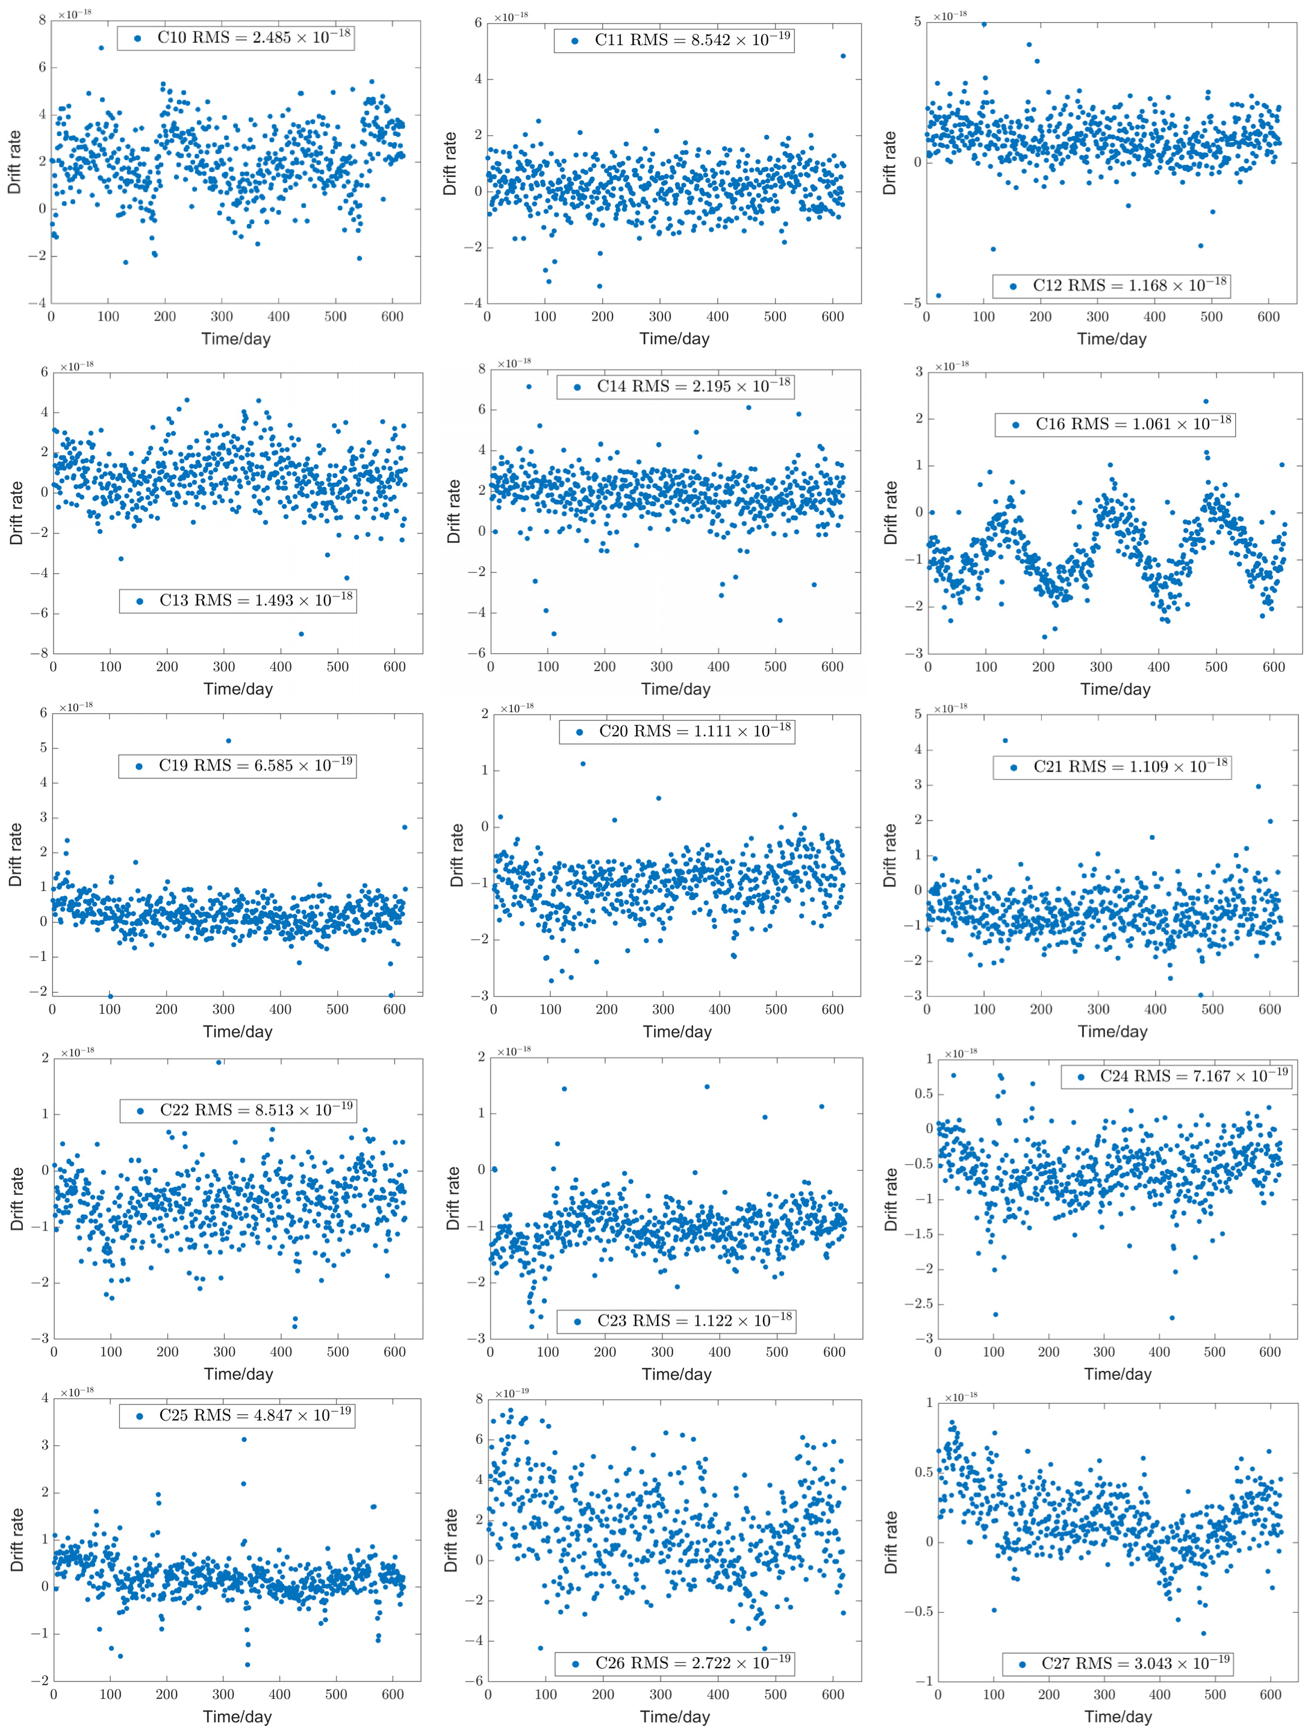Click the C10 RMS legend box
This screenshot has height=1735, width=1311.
235,38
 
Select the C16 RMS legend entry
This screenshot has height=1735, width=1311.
1115,424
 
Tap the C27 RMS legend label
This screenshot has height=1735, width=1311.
1117,1663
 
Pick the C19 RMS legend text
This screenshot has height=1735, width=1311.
237,766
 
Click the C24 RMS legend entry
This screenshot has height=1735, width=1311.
1174,1076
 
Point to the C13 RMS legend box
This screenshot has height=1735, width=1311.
238,601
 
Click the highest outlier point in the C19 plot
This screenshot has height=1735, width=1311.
228,740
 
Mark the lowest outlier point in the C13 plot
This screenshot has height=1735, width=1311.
301,634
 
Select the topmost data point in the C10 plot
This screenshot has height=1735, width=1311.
101,48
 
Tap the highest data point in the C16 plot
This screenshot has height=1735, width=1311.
1206,402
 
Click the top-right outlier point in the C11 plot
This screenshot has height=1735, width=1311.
842,56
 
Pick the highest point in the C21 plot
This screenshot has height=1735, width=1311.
1005,740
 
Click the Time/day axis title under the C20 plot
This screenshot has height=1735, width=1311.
677,1031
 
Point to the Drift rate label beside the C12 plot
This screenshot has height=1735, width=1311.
889,163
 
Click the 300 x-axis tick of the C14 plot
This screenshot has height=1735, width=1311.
661,666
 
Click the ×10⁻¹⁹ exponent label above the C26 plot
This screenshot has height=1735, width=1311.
512,1393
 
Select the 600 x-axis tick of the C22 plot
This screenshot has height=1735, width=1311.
394,1352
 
